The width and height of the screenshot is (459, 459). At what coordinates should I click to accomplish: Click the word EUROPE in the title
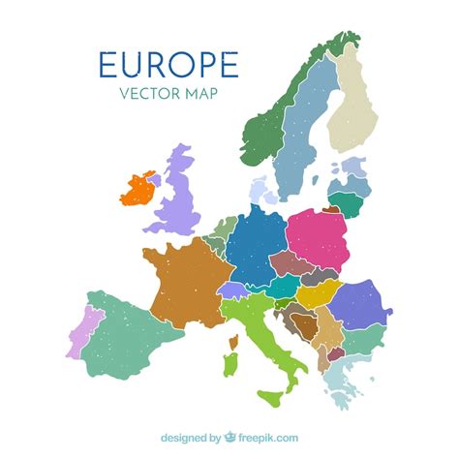168,64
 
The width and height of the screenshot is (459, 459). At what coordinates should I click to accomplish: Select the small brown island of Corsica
232,341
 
